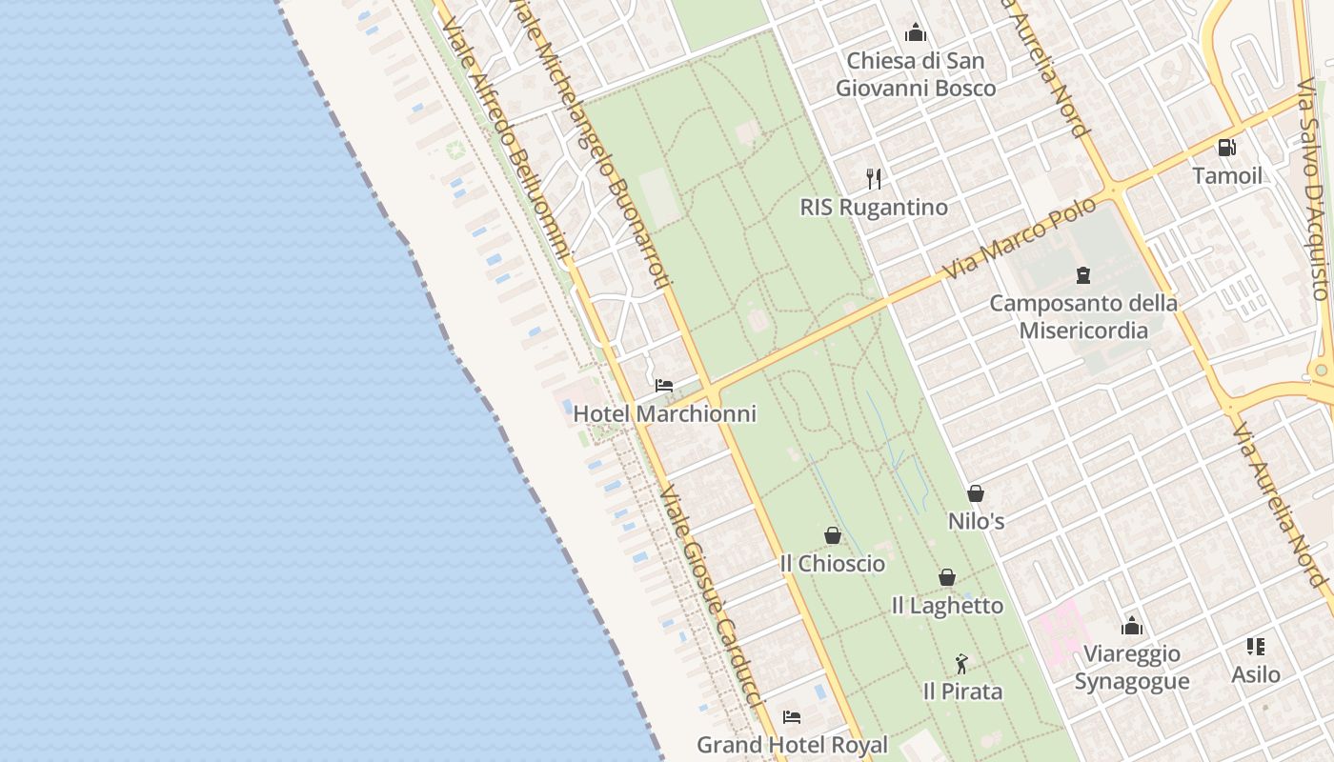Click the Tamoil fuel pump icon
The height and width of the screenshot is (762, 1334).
pyautogui.click(x=1227, y=148)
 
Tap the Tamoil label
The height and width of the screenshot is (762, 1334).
pyautogui.click(x=1227, y=176)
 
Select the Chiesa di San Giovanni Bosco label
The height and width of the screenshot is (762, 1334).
pyautogui.click(x=916, y=74)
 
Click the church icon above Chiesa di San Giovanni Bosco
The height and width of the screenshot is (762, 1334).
pyautogui.click(x=916, y=33)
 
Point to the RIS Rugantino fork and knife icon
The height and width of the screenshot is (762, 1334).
pyautogui.click(x=874, y=178)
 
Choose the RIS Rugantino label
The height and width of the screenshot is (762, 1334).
pyautogui.click(x=874, y=208)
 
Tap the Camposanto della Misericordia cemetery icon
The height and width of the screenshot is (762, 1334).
pyautogui.click(x=1083, y=275)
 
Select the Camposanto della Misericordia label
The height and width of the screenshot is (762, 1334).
pyautogui.click(x=1083, y=317)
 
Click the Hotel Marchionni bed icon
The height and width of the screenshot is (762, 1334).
pyautogui.click(x=664, y=386)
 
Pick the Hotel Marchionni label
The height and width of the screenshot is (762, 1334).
pyautogui.click(x=664, y=414)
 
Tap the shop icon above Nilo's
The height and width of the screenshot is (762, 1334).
pyautogui.click(x=976, y=493)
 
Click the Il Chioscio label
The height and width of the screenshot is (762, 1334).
pyautogui.click(x=832, y=564)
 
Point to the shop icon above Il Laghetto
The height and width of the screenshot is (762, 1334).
pyautogui.click(x=947, y=577)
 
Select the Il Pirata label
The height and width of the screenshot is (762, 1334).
pyautogui.click(x=962, y=692)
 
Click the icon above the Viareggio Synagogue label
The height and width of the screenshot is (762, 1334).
pyautogui.click(x=1132, y=626)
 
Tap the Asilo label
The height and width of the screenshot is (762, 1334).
pyautogui.click(x=1256, y=674)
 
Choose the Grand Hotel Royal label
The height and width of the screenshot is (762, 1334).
pyautogui.click(x=792, y=745)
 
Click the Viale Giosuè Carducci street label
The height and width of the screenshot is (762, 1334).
pyautogui.click(x=712, y=595)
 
